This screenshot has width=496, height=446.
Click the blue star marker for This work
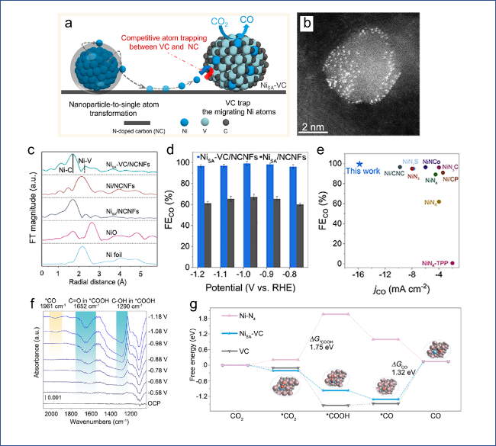(359, 164)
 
